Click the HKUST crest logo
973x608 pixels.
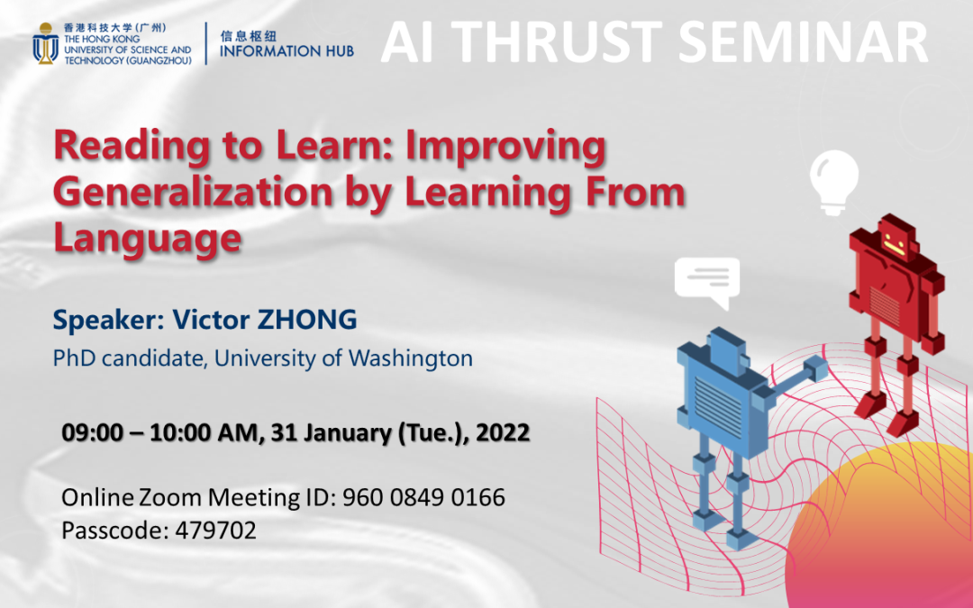coord(45,43)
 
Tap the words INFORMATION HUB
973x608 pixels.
coord(286,50)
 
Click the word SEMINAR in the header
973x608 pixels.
coord(807,42)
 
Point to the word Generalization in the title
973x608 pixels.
coord(193,193)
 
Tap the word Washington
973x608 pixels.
coord(410,358)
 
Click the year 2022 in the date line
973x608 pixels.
coord(503,432)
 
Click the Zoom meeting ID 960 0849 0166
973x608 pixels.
coord(423,497)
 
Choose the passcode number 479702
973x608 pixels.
coord(215,531)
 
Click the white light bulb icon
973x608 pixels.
coord(834,182)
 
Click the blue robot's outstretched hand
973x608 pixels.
coord(814,370)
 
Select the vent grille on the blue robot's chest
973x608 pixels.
coord(718,405)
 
